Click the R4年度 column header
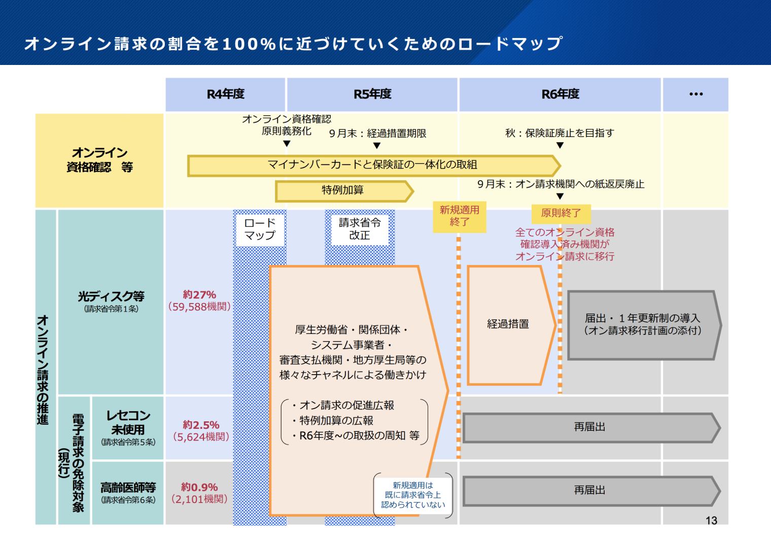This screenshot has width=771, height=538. coord(225,94)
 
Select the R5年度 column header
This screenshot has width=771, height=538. coord(372,94)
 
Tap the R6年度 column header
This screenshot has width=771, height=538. coord(560,94)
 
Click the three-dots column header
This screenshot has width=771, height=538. coord(695,94)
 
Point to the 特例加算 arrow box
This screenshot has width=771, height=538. coord(343,190)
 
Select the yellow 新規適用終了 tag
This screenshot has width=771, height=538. coord(460,216)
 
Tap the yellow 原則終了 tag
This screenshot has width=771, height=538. coord(561,213)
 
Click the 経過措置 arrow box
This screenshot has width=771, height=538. coord(508,324)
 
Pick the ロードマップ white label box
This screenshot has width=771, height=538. coord(260,229)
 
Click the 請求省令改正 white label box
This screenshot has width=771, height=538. coord(360,229)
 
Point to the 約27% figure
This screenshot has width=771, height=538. coord(199,295)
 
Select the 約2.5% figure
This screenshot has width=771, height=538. coord(201,425)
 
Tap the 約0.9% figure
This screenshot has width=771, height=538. coord(199,487)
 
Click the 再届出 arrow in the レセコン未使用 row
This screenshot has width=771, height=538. coord(590,427)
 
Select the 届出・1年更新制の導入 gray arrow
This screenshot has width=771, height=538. coord(642,325)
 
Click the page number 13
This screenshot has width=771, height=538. coord(711,521)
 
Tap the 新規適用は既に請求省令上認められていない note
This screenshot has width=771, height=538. coord(413,495)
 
